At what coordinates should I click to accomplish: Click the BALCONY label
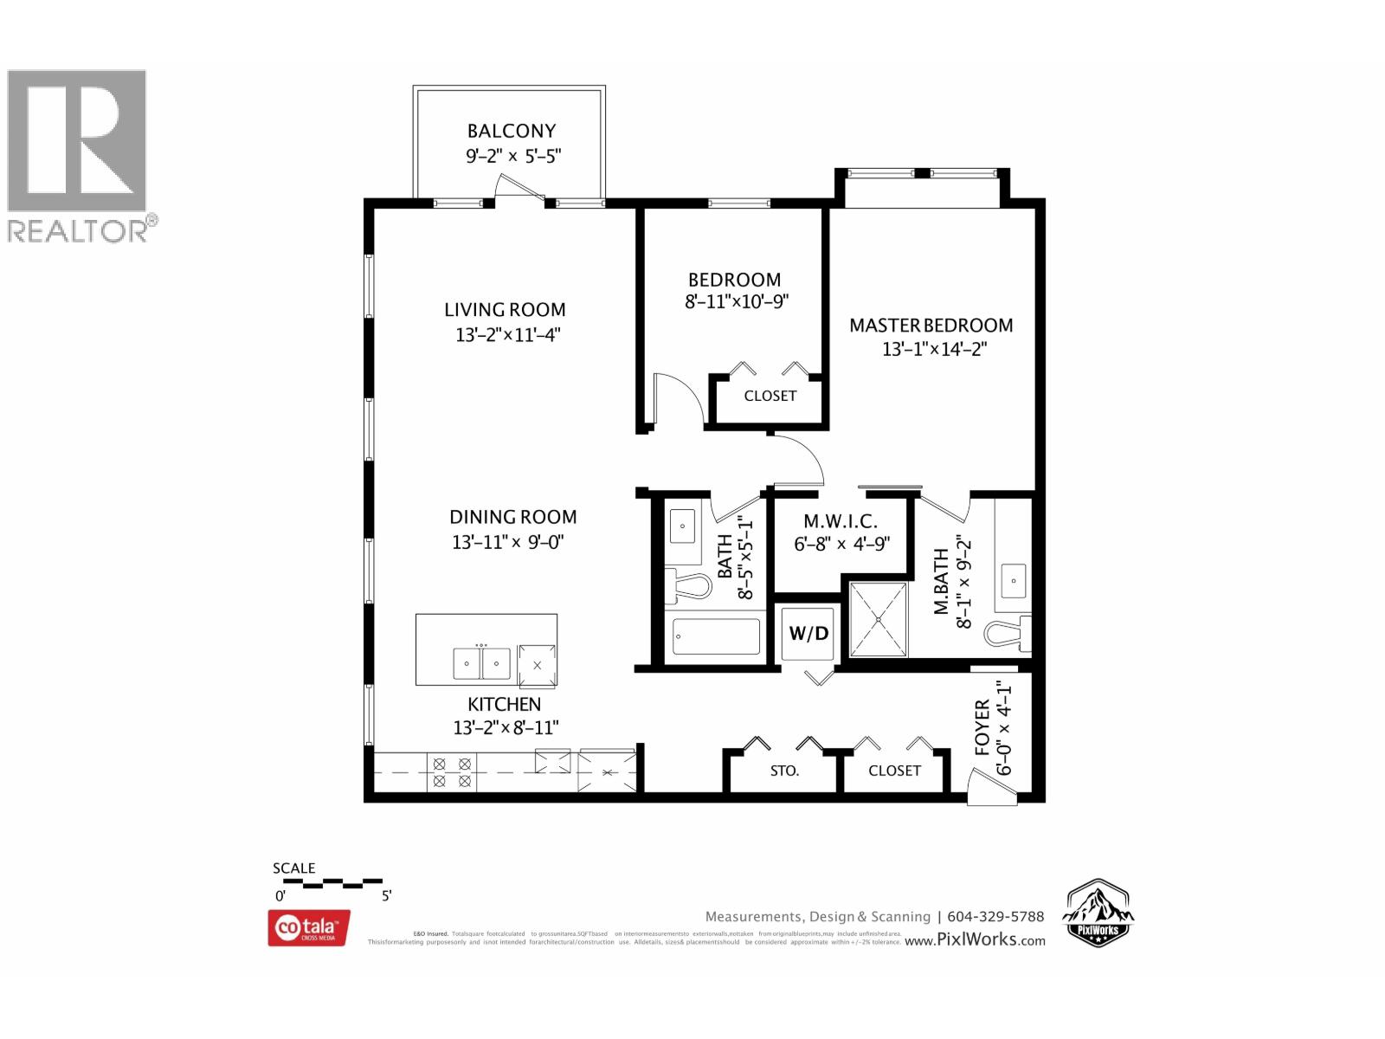coord(511,131)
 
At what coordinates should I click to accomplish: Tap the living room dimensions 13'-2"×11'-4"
coord(508,334)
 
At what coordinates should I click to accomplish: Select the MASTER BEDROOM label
coord(931,326)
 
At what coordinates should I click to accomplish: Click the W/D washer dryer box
coord(808,633)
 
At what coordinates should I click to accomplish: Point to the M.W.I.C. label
coord(840,521)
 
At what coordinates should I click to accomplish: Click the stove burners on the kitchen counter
coord(452,772)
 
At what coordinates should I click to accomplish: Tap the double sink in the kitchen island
coord(481,664)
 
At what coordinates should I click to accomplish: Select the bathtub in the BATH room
coord(716,637)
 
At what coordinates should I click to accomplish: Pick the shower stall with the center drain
coord(879,619)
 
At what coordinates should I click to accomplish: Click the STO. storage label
coord(784,771)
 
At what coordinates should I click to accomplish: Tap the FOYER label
coord(982,727)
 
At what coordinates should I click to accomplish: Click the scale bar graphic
coord(332,884)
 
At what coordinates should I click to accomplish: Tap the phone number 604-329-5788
coord(995,916)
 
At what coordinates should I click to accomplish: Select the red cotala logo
coord(309,927)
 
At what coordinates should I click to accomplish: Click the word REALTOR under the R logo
coord(78,230)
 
